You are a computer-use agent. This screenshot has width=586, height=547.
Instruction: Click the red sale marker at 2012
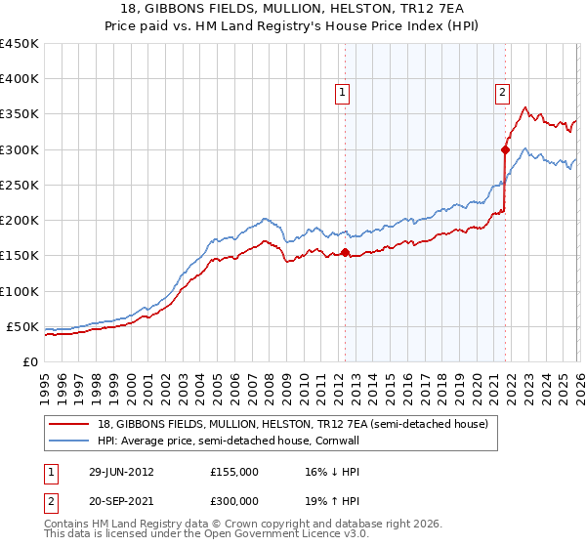pyautogui.click(x=345, y=253)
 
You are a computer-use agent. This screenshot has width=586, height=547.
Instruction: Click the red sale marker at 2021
pyautogui.click(x=505, y=149)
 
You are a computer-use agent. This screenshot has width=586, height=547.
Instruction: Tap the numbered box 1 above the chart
pyautogui.click(x=344, y=93)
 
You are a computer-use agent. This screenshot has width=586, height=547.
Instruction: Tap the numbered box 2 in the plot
pyautogui.click(x=502, y=93)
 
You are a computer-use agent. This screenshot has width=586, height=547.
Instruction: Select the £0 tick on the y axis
pyautogui.click(x=29, y=361)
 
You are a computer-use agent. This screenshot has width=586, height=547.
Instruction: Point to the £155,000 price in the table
pyautogui.click(x=234, y=471)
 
